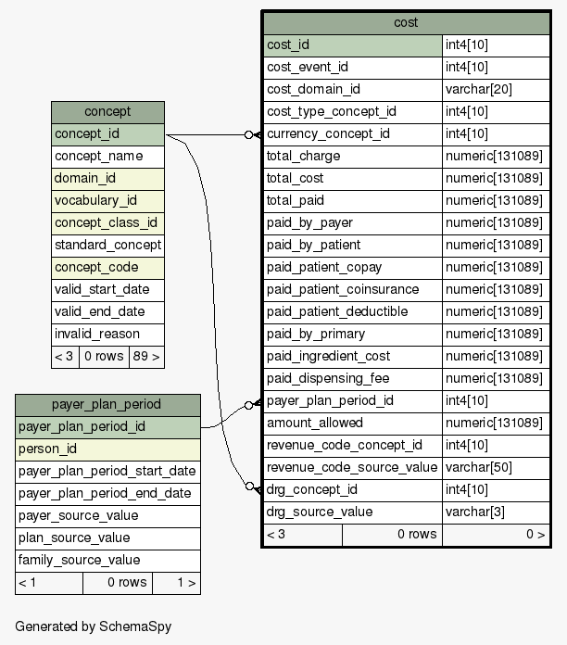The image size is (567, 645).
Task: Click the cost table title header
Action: click(406, 22)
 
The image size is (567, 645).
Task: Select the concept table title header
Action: click(107, 112)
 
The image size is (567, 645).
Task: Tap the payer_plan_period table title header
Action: click(107, 404)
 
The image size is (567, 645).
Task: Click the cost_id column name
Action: click(288, 44)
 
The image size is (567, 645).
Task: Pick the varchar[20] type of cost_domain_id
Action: click(479, 89)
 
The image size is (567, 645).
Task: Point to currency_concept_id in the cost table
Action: click(328, 133)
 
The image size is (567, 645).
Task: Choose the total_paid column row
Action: click(295, 200)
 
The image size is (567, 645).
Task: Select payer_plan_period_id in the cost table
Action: click(330, 400)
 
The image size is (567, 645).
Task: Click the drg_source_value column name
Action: click(320, 512)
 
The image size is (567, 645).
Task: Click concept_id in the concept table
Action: click(87, 134)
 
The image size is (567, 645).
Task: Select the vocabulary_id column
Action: click(95, 200)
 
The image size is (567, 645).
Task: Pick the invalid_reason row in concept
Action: click(97, 334)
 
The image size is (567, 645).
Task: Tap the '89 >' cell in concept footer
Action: click(145, 356)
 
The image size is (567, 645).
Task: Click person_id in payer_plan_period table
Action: click(47, 449)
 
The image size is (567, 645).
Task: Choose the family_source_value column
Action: click(79, 560)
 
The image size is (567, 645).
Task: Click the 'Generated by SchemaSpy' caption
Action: click(93, 626)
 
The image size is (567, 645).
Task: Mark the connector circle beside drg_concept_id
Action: click(248, 486)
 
